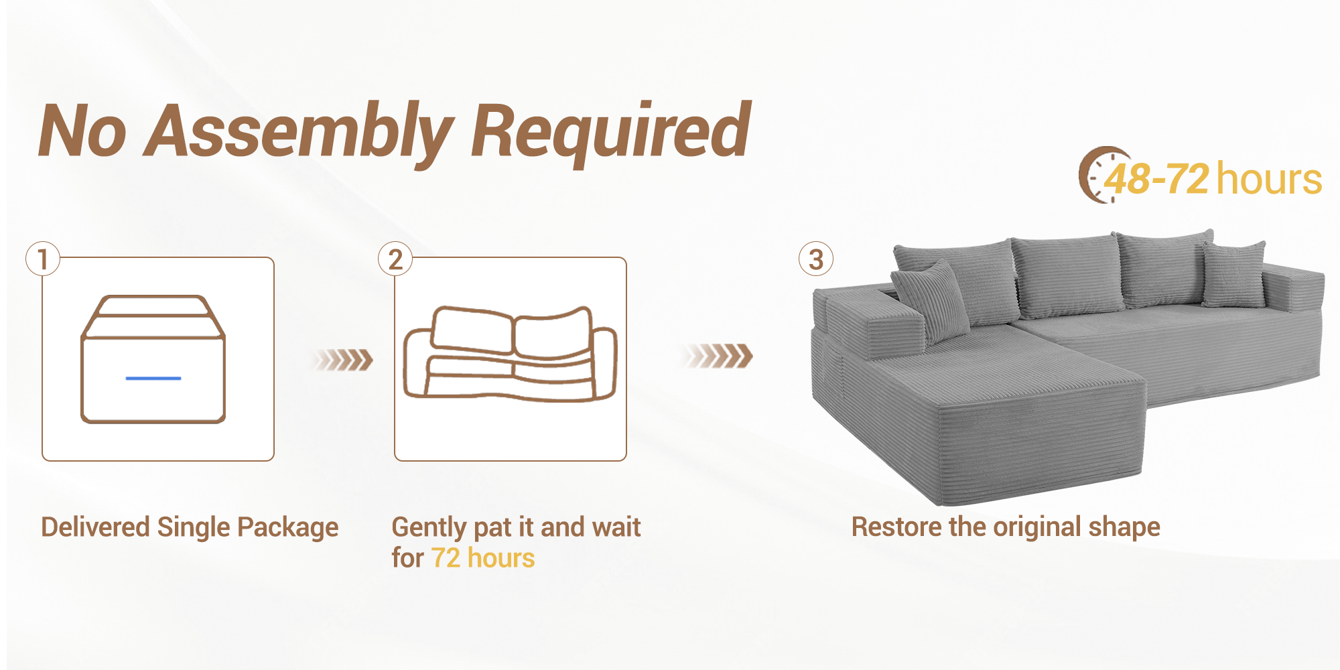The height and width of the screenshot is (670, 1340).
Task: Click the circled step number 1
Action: click(x=43, y=259)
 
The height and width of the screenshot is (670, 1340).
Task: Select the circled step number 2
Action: click(x=395, y=259)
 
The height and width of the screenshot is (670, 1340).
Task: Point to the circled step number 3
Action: click(x=815, y=259)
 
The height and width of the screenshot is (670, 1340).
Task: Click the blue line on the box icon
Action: click(x=153, y=379)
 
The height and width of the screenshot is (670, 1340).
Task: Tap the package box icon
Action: click(x=153, y=359)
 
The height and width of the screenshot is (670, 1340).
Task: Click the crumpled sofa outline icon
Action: click(x=510, y=354)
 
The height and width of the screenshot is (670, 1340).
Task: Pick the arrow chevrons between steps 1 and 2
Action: click(x=344, y=360)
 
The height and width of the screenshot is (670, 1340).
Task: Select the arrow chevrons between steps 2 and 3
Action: click(x=719, y=356)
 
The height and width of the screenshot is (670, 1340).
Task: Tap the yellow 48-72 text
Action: click(x=1157, y=180)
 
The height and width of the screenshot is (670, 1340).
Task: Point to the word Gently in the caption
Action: click(x=429, y=528)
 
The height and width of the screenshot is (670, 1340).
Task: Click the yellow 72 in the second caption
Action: click(x=446, y=558)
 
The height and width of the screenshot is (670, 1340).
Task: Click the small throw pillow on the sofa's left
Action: click(x=930, y=300)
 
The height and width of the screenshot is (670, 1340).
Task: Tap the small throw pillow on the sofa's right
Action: click(x=1233, y=275)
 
